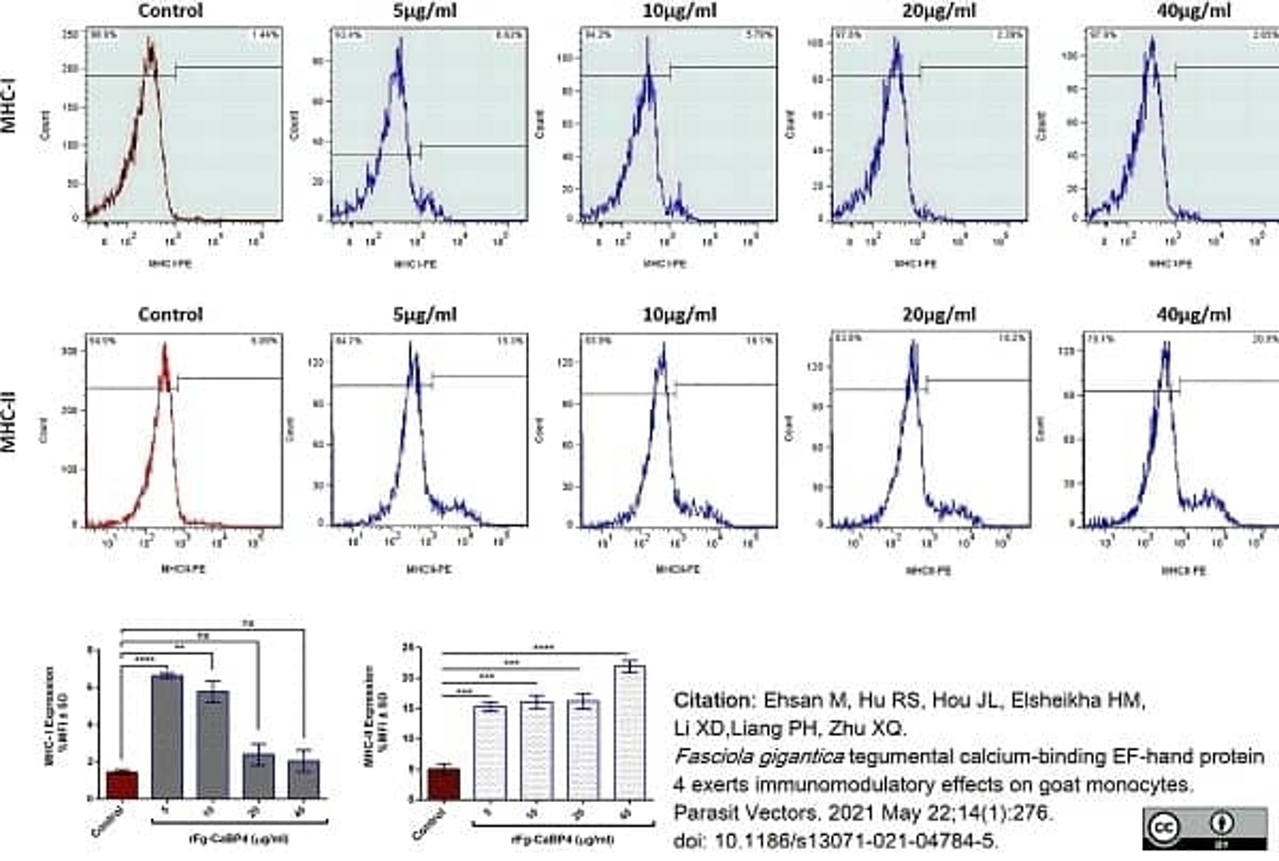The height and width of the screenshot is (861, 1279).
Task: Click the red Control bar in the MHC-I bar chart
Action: (122, 785)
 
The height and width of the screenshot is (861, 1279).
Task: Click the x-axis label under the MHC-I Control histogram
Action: (170, 264)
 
